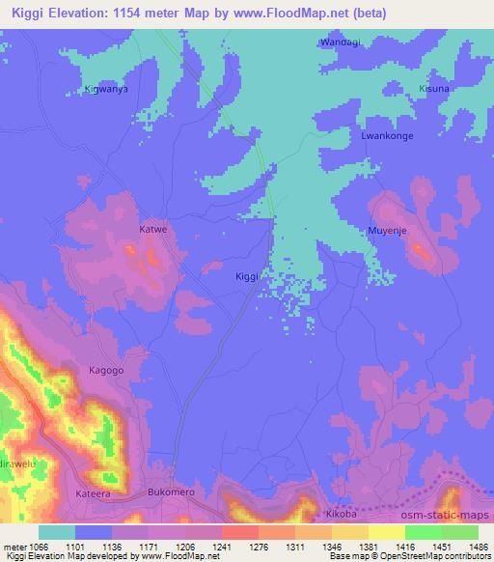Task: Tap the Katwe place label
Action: (x=153, y=230)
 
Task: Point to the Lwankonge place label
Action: (x=387, y=136)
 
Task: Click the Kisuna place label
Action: (x=433, y=89)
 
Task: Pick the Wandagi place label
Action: (x=339, y=42)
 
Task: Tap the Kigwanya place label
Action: (x=107, y=89)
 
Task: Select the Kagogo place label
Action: (x=106, y=370)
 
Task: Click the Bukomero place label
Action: (x=174, y=492)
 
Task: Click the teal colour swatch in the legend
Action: (x=56, y=532)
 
